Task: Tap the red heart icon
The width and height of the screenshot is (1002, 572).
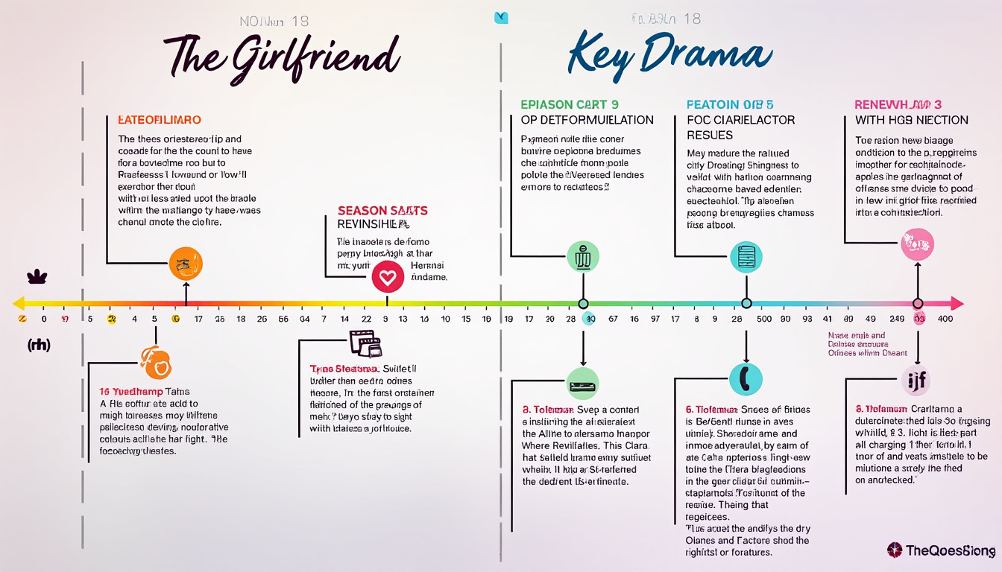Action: (388, 278)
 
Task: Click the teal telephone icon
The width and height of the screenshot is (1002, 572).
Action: (746, 379)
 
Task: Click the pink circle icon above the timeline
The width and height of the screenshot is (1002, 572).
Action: (917, 244)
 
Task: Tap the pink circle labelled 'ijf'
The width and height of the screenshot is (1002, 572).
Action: (917, 381)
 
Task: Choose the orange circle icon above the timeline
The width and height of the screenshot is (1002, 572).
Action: (186, 263)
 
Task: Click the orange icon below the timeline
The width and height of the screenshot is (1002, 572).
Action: (157, 363)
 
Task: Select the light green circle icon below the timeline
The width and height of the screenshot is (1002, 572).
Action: (583, 384)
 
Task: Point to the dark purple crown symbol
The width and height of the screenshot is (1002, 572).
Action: (37, 277)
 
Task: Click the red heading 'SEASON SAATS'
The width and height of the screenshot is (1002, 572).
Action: (382, 211)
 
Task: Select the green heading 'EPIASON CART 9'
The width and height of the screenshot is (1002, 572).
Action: (570, 105)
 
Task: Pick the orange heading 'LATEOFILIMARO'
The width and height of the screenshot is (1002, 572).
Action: (160, 120)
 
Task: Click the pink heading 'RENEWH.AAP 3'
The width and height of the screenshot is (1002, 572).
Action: (898, 105)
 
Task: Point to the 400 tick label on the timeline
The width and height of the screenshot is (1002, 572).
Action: (945, 319)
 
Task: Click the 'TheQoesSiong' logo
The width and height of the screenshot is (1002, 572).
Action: (942, 551)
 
